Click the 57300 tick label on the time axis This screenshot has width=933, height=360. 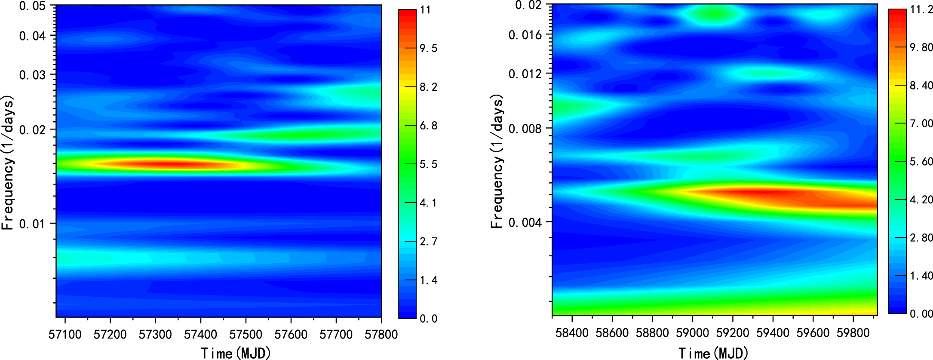click(155, 334)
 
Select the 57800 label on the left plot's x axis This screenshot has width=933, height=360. click(381, 334)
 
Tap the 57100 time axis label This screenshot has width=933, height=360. click(65, 334)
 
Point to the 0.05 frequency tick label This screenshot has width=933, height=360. click(33, 6)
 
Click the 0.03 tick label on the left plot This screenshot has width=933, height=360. click(33, 75)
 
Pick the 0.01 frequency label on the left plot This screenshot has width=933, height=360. click(33, 224)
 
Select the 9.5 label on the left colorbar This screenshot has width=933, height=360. click(429, 48)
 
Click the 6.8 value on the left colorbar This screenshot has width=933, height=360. click(429, 126)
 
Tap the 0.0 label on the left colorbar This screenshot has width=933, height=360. click(429, 319)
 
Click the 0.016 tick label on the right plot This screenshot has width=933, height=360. click(525, 35)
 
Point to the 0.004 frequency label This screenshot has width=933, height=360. click(525, 222)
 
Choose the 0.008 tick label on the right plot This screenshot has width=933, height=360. click(525, 129)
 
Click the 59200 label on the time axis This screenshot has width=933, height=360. click(733, 333)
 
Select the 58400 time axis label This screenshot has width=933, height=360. click(572, 333)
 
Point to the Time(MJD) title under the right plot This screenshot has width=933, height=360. click(713, 353)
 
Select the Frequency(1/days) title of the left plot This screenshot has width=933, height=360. click(8, 163)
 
